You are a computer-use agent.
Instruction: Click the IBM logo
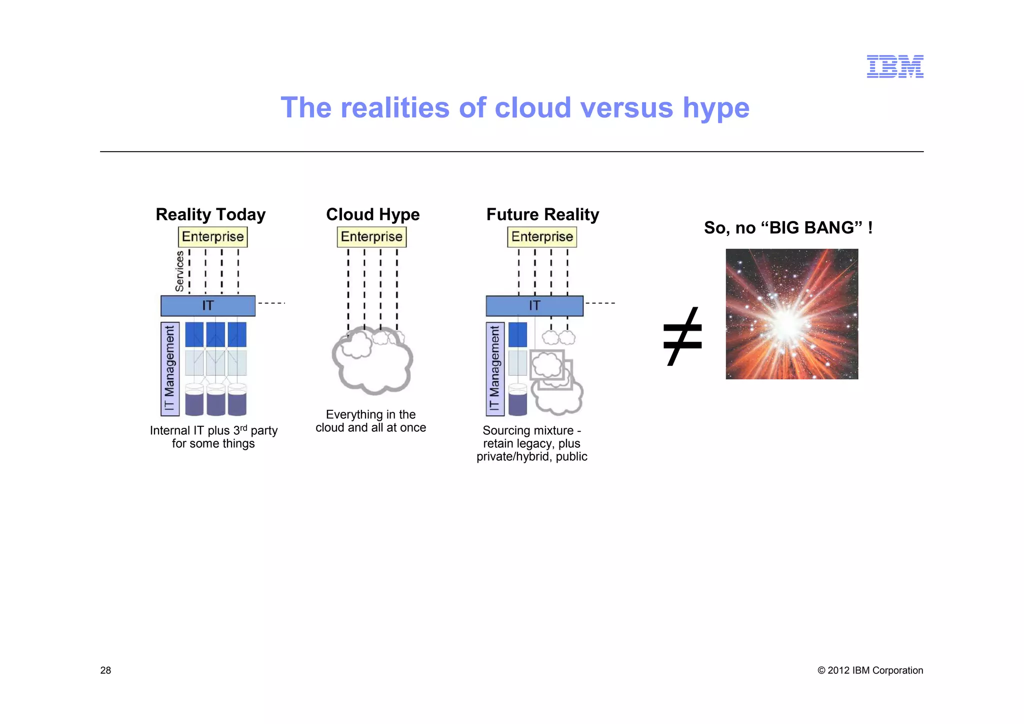coord(894,67)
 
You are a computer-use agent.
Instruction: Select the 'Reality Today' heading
coord(210,215)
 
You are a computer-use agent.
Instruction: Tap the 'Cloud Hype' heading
coord(372,215)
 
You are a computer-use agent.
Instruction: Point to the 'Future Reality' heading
coord(542,215)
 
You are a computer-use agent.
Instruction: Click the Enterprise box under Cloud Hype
coord(371,237)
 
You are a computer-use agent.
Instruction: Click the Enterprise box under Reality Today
coord(212,237)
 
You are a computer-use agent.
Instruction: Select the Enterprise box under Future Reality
coord(542,237)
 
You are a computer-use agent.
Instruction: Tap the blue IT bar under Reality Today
coord(207,306)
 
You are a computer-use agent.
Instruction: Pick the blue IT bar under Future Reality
coord(534,306)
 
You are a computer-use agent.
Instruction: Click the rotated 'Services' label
coord(179,271)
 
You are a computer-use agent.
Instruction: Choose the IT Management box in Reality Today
coord(169,369)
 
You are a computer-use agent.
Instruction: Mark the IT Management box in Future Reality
coord(495,369)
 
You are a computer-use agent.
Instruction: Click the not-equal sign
coord(682,336)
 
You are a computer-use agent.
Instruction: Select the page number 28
coord(105,670)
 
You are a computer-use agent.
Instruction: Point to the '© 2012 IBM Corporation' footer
coord(870,670)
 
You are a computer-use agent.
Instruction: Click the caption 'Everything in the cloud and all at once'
coord(370,421)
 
